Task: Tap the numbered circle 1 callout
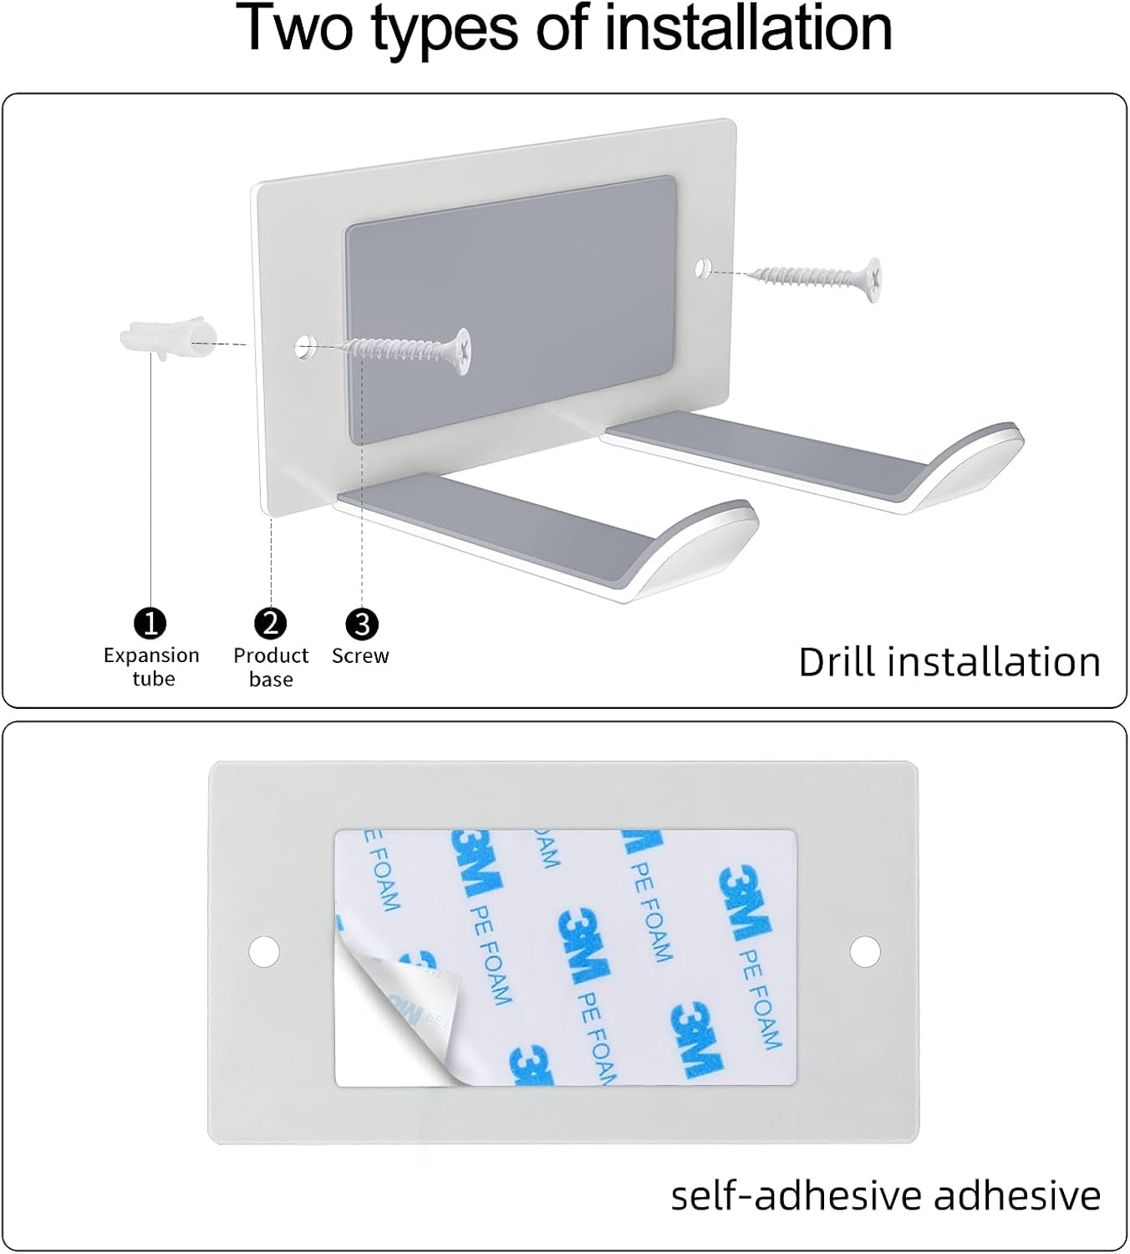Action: (150, 624)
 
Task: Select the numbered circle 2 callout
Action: (271, 624)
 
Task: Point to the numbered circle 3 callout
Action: (362, 624)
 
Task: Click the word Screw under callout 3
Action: (360, 655)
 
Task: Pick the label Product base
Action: (271, 667)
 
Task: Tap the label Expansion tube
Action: (151, 667)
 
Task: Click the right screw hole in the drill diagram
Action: (703, 269)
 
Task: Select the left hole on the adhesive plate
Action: (264, 951)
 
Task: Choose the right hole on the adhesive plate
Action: (865, 951)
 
